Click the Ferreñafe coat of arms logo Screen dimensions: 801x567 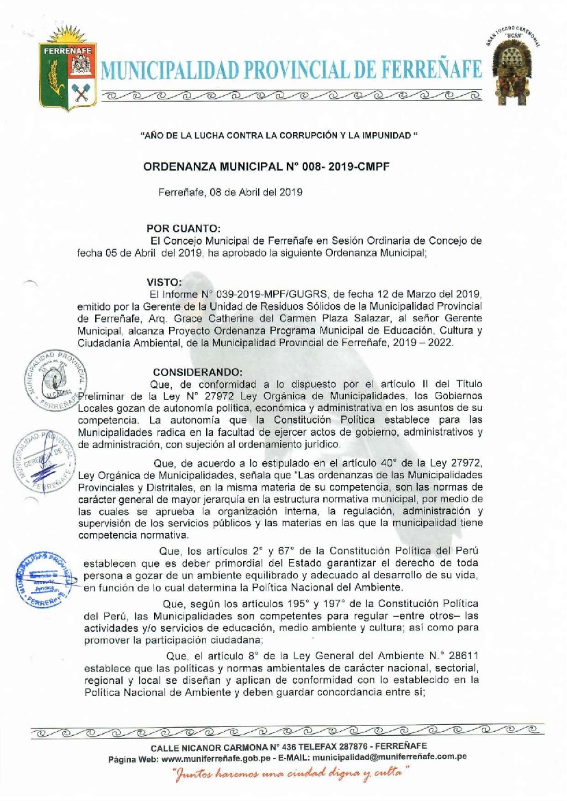[68, 75]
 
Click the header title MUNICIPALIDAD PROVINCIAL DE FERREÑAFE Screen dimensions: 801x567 [292, 70]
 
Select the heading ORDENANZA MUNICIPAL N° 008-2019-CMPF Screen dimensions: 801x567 [266, 167]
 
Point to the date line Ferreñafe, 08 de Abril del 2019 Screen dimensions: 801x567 [230, 193]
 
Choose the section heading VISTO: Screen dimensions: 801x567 [164, 282]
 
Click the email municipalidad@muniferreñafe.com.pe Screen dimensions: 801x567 [389, 759]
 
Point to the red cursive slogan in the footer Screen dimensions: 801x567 [290, 774]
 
